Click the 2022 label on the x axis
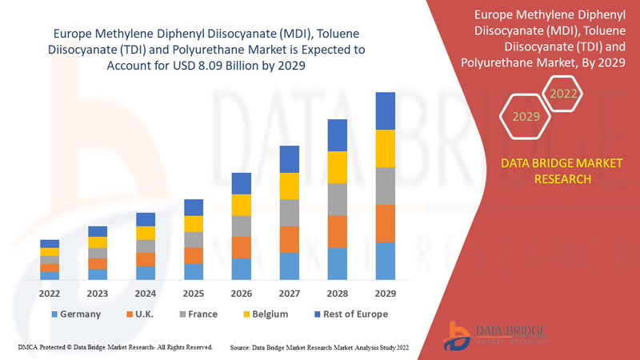50,293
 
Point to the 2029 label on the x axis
386,293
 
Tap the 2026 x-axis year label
242,293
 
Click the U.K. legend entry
143,314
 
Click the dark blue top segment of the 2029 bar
386,110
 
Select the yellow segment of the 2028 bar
338,167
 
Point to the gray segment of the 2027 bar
290,213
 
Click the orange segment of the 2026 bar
242,247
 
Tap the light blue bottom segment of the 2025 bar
194,272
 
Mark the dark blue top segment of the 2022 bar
50,243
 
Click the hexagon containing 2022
562,94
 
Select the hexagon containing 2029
526,117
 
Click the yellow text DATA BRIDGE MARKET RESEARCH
550,171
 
